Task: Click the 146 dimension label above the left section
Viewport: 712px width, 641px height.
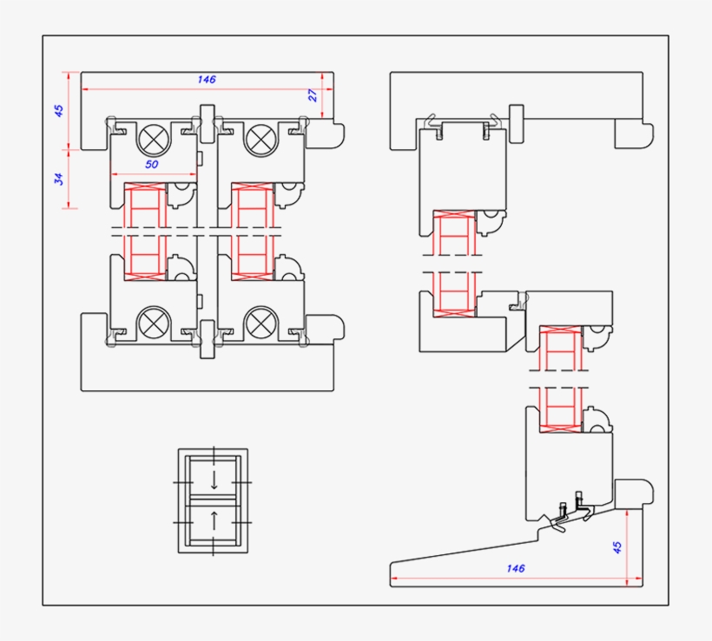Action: click(206, 79)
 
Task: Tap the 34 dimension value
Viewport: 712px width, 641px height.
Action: click(59, 179)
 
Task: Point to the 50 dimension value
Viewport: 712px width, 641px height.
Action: click(152, 164)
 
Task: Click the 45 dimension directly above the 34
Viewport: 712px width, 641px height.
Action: click(59, 110)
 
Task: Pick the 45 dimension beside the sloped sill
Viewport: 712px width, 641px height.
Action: click(617, 547)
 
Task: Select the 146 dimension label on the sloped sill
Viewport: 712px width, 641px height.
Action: click(515, 568)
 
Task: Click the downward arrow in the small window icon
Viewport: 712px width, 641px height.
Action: click(214, 480)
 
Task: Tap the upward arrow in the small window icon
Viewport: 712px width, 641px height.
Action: click(214, 522)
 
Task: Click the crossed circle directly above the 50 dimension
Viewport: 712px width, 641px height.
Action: click(155, 138)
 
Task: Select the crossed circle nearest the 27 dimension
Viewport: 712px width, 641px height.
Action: click(260, 138)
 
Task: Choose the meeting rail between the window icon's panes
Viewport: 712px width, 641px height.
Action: click(213, 500)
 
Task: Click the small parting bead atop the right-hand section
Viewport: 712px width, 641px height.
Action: click(518, 122)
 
